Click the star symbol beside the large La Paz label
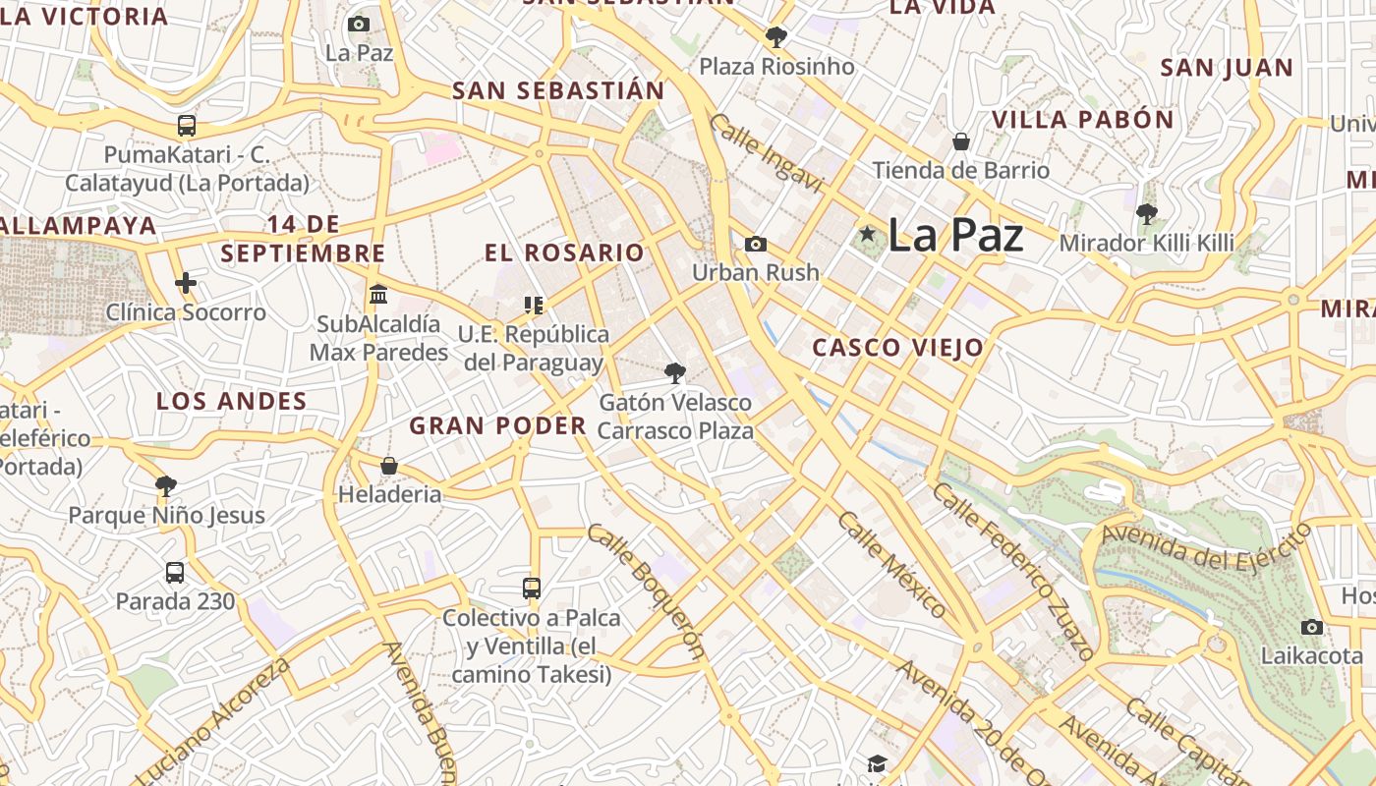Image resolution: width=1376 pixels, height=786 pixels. click(867, 234)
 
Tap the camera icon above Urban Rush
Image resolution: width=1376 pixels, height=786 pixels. click(755, 244)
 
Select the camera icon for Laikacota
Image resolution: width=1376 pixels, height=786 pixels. click(1311, 627)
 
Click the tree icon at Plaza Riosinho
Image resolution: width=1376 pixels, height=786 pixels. click(776, 38)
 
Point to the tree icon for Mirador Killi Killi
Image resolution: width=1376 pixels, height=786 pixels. click(1146, 213)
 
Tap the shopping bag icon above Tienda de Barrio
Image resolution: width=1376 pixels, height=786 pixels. click(961, 141)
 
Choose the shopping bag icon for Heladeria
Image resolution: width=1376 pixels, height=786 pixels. click(389, 466)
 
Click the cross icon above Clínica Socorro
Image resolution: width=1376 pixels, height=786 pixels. click(186, 284)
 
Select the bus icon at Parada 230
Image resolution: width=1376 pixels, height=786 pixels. click(175, 572)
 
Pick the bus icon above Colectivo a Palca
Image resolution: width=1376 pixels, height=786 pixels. click(532, 589)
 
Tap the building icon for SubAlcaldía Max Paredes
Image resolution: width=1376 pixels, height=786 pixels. click(378, 294)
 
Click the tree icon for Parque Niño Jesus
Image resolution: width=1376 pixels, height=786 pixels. click(166, 485)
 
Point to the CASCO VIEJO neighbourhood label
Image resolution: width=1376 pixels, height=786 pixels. click(897, 347)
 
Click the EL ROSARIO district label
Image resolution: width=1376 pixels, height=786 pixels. click(564, 253)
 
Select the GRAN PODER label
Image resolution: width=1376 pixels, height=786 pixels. click(497, 425)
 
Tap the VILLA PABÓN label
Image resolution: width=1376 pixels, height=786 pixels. click(1082, 120)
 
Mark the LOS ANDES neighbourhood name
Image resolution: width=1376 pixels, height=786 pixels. click(232, 401)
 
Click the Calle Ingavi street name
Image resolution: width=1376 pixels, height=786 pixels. click(765, 153)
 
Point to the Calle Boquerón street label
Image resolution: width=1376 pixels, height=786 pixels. click(647, 590)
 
